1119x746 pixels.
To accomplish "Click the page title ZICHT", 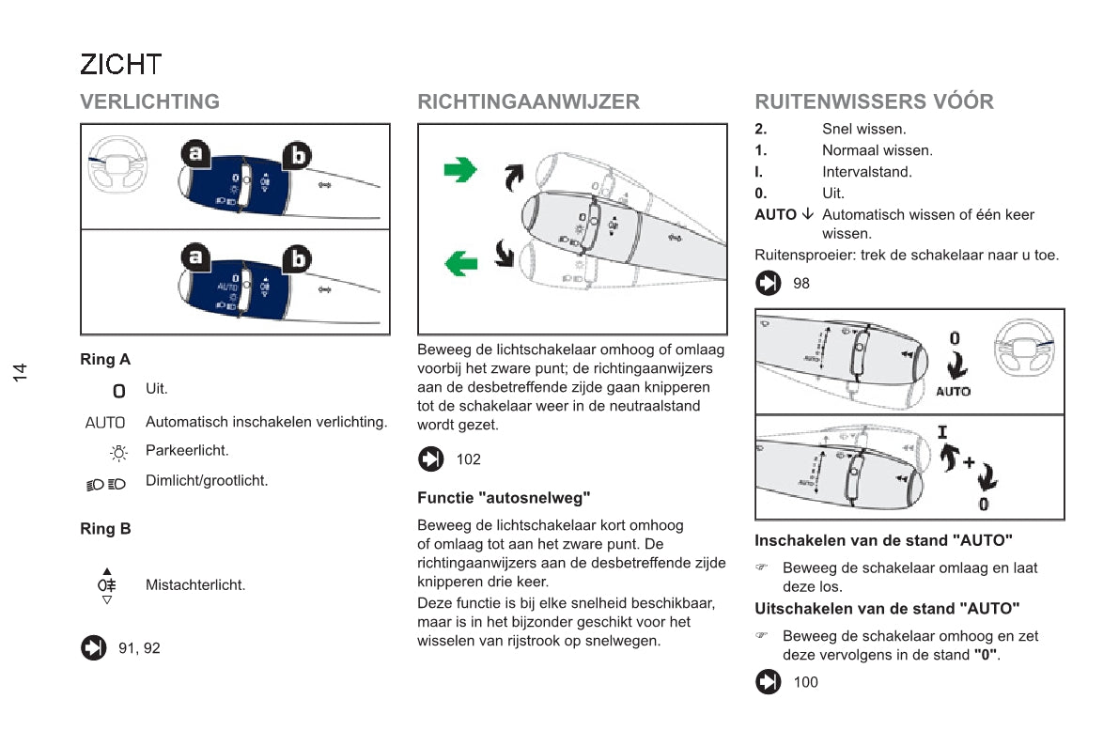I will (121, 65).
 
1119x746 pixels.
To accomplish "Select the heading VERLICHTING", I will (150, 101).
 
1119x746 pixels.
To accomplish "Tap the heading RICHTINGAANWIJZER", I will (528, 101).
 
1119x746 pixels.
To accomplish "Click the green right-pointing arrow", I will (460, 170).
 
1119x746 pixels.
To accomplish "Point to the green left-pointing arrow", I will (460, 263).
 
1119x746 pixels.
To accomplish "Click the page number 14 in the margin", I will (21, 372).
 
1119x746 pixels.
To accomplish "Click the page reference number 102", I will (468, 459).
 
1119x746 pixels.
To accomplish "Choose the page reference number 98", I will (801, 283).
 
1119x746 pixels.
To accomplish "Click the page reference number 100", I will (805, 682).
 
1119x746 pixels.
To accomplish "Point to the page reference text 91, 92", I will (139, 648).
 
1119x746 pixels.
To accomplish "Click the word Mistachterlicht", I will (195, 585).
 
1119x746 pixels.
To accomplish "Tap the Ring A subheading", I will (105, 359).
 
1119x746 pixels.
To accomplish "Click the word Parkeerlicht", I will (187, 451).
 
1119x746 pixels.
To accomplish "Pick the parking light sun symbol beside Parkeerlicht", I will (118, 454).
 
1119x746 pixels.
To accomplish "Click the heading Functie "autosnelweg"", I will (504, 498).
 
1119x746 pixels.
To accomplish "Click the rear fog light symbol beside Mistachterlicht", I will (107, 585).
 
